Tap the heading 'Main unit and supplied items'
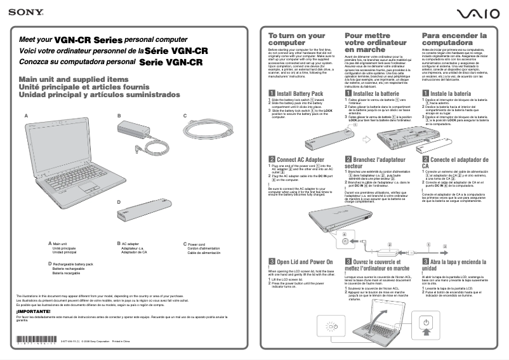(x=65, y=79)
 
